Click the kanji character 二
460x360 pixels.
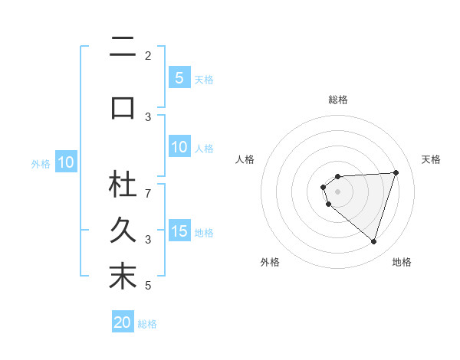coord(123,48)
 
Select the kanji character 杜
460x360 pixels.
coord(123,185)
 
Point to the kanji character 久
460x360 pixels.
coord(123,231)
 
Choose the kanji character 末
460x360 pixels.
coord(123,277)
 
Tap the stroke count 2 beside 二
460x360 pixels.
coord(148,56)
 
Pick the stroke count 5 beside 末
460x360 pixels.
coord(148,286)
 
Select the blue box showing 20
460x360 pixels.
coord(123,322)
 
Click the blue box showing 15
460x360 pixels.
coord(179,231)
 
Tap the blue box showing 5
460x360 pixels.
coord(179,78)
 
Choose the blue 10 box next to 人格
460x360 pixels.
coord(179,147)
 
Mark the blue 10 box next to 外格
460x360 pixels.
coord(66,162)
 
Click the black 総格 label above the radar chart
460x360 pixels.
coord(338,100)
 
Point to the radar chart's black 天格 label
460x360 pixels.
coord(432,159)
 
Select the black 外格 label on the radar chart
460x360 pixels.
coord(270,262)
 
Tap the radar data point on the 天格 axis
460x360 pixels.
coord(396,172)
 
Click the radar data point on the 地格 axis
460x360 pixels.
coord(373,241)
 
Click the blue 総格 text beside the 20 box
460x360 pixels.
coord(147,324)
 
